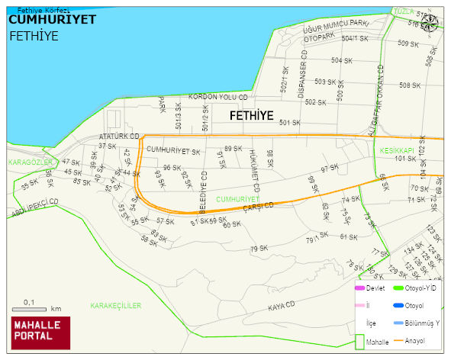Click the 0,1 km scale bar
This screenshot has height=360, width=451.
point(35,309)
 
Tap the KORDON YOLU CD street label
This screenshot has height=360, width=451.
point(218,98)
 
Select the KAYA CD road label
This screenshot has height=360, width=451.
point(281,306)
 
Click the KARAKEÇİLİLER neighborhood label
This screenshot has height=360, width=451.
point(116,306)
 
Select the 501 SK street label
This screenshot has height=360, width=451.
point(289,123)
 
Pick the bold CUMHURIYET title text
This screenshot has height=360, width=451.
point(52,20)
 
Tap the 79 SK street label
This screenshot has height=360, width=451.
point(259,249)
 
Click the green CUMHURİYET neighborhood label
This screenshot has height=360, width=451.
point(238,199)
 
